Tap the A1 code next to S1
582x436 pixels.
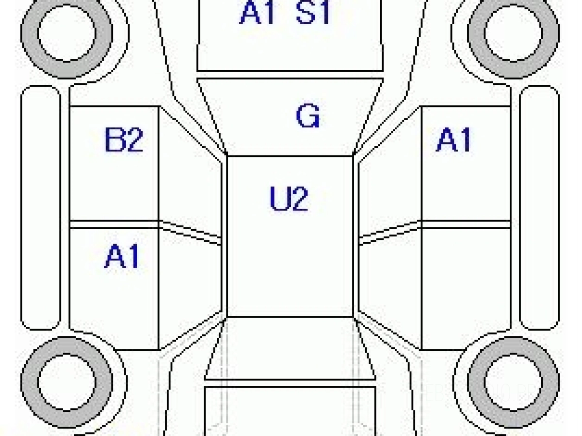point(258,13)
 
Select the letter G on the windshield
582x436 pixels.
point(307,117)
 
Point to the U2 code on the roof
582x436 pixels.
point(289,199)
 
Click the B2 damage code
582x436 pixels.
point(124,141)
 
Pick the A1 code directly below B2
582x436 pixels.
point(122,257)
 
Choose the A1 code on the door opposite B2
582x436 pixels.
point(453,141)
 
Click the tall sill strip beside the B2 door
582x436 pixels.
point(41,208)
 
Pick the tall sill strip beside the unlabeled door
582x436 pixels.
point(539,208)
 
